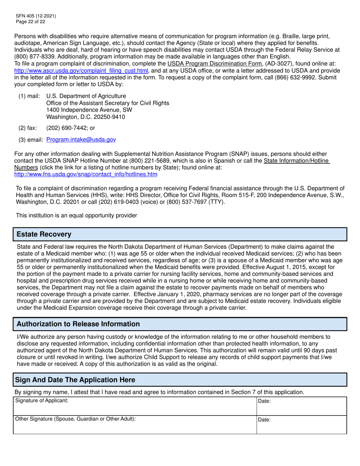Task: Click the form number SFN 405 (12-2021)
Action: coord(36,16)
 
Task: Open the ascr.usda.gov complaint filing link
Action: coord(81,71)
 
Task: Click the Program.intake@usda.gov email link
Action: coord(81,140)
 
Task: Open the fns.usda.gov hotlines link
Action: coord(86,174)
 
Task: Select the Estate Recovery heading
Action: coord(44,234)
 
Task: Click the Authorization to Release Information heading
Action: coord(78,324)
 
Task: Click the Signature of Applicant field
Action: coord(135,406)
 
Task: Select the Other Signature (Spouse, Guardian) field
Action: coord(135,425)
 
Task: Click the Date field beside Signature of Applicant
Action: coord(302,406)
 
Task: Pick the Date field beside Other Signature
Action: coord(302,425)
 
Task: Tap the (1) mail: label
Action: coord(29,96)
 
